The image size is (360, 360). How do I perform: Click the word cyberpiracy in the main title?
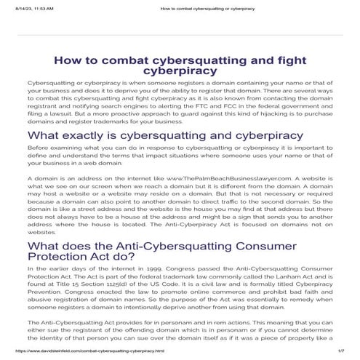coord(179,72)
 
